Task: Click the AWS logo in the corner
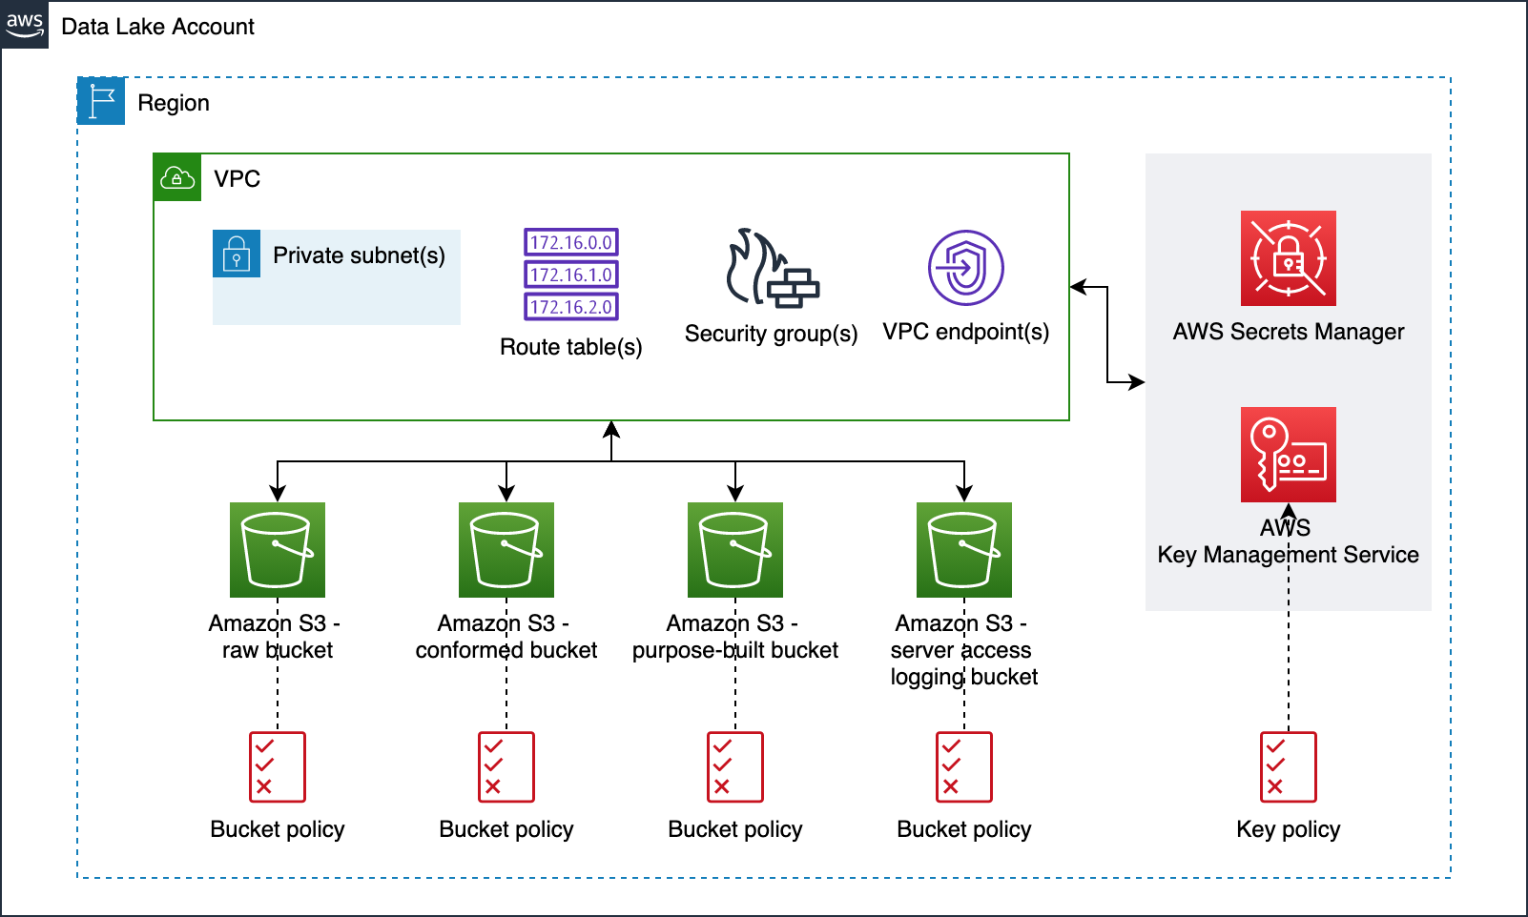coord(25,25)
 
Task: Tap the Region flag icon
coord(101,101)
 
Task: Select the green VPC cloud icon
coord(177,177)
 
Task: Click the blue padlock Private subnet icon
coord(237,254)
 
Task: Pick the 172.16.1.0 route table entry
coord(571,275)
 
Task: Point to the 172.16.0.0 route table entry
coord(571,242)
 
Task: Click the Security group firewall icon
coord(772,269)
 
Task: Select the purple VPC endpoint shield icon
coord(965,268)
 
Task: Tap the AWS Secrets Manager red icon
coord(1288,258)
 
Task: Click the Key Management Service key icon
coord(1288,455)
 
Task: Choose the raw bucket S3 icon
coord(278,550)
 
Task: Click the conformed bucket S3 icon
coord(506,550)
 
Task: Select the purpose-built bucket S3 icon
coord(735,550)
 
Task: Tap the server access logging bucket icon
coord(964,550)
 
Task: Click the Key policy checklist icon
coord(1288,766)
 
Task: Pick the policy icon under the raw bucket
coord(278,766)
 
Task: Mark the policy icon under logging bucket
coord(964,766)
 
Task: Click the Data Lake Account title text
coord(157,27)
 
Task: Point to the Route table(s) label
coord(570,347)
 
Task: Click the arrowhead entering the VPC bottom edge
coord(611,429)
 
